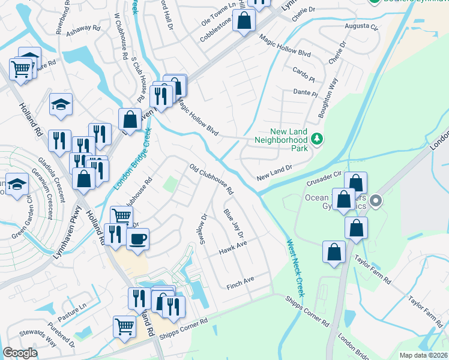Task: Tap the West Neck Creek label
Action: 294,268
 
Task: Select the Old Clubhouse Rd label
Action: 211,179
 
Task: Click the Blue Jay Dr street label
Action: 233,224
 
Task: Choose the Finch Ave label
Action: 240,283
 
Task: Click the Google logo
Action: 20,353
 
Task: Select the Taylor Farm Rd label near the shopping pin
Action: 372,272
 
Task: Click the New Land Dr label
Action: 274,173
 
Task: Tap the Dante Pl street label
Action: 305,93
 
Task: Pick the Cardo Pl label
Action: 304,76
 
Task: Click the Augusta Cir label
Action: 361,28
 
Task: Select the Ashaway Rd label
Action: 83,28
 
